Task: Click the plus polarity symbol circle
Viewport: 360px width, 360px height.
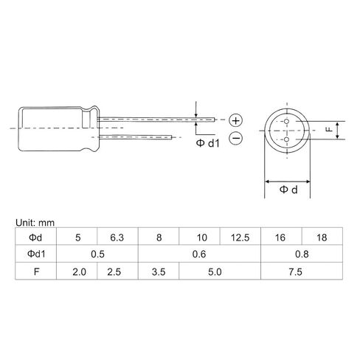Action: tap(236, 120)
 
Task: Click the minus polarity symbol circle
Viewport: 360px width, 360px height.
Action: tap(236, 138)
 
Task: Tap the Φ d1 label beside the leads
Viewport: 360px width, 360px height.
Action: tap(208, 143)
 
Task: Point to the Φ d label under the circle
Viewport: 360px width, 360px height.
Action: tap(288, 190)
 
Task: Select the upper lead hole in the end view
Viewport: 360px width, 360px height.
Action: tap(286, 121)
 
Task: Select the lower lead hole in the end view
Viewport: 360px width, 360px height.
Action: tap(286, 139)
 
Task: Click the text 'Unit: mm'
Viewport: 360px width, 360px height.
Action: tap(35, 223)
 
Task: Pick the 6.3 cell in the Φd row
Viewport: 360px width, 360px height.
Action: tap(117, 238)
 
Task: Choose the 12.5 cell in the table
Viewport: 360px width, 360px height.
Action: tap(240, 238)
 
